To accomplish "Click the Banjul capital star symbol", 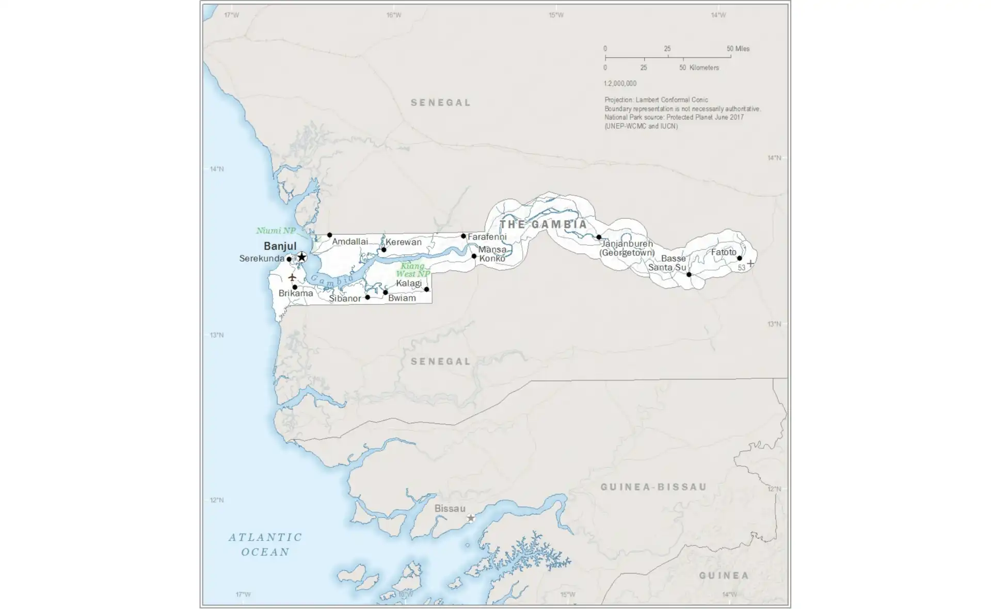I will click(x=302, y=257).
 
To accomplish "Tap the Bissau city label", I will click(x=450, y=508).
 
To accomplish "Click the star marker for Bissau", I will click(x=471, y=518).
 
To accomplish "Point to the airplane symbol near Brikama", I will click(x=292, y=278).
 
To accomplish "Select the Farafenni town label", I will click(x=487, y=237).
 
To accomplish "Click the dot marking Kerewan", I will click(x=384, y=250).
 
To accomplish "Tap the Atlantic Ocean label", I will click(x=265, y=544).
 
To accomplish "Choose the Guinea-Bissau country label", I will click(x=653, y=487).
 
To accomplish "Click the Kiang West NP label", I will click(x=412, y=270).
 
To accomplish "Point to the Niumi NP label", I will click(x=276, y=231).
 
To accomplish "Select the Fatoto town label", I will click(x=724, y=252).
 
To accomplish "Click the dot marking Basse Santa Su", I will click(x=689, y=275).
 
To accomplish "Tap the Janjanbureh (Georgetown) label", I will click(x=627, y=248).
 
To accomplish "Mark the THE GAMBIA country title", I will click(x=544, y=225).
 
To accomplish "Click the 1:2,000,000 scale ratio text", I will click(x=620, y=84).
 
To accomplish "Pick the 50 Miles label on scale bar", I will click(x=738, y=49).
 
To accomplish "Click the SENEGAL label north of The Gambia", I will click(x=441, y=103).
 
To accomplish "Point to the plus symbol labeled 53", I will click(x=750, y=263).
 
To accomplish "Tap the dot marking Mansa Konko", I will click(x=474, y=256).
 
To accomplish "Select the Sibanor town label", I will click(x=345, y=298).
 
